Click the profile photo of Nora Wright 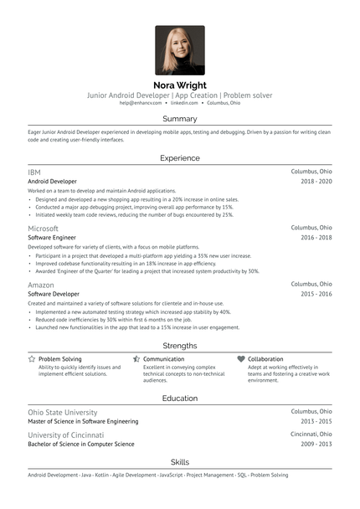click(x=179, y=50)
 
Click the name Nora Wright click(x=179, y=85)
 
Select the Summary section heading click(x=179, y=119)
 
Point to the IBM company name click(x=34, y=171)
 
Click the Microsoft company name click(x=43, y=228)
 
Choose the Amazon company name click(x=41, y=285)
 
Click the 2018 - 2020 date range click(x=316, y=181)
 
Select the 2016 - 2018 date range click(x=316, y=238)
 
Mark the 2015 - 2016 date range click(x=316, y=295)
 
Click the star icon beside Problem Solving click(x=32, y=358)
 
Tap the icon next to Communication click(x=136, y=358)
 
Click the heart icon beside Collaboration click(x=241, y=358)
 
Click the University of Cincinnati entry click(x=66, y=435)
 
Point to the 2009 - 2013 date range click(x=316, y=445)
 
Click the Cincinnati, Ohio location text click(x=311, y=435)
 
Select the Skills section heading click(x=179, y=462)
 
